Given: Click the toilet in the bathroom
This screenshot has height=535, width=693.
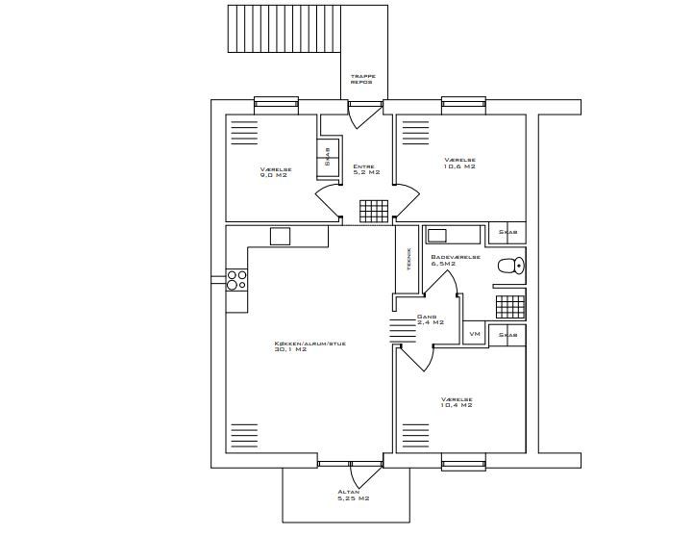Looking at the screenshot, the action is (511, 266).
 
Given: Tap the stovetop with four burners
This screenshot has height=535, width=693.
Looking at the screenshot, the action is (236, 280).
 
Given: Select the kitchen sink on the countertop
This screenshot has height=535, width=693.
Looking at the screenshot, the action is (281, 236).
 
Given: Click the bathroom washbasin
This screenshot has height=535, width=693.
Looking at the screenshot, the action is (437, 235).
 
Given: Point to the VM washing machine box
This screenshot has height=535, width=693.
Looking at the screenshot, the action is (474, 333).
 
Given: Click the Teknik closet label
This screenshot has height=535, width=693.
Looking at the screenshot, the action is (409, 259).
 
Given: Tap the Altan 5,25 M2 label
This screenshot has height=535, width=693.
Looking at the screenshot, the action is (354, 496).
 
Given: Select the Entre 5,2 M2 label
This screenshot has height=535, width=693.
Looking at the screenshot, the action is (366, 169).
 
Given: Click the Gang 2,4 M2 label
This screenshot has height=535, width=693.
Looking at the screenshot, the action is (430, 319).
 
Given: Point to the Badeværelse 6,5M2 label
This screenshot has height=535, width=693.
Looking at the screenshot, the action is (456, 260).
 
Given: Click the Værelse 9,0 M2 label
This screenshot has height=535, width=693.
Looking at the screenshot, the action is (276, 172).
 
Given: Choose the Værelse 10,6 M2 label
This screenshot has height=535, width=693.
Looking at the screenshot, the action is (459, 164).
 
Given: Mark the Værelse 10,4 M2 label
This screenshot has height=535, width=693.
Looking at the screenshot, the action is (457, 402).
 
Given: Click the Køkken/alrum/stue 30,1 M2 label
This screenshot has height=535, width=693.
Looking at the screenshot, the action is (309, 346).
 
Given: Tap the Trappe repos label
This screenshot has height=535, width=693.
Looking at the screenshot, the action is (363, 79).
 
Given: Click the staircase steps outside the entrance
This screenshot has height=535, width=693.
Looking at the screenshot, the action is (285, 29).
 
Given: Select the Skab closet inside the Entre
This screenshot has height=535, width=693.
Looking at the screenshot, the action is (328, 160).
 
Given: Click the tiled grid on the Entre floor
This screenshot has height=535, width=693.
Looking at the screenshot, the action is (374, 211).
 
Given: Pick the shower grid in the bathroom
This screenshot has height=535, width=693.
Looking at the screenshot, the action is (510, 307).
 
